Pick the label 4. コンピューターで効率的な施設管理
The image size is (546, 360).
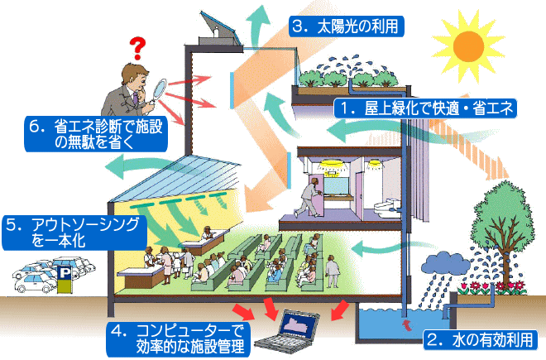click(x=177, y=338)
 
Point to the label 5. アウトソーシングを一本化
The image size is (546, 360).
click(x=74, y=233)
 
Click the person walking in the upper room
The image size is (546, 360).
click(x=313, y=197)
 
